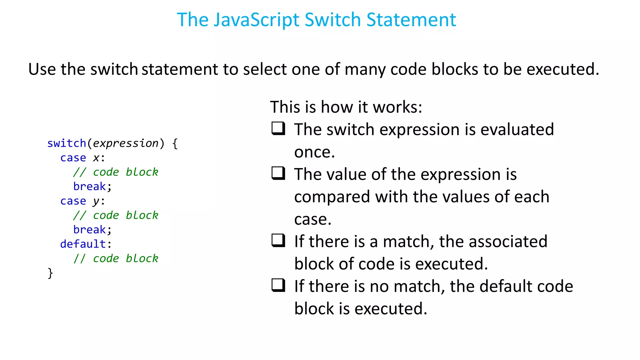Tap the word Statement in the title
411,20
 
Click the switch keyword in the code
67,143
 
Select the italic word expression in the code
126,143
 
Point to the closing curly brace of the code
50,273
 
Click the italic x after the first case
96,158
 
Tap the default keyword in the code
83,244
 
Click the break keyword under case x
89,187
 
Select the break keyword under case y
89,230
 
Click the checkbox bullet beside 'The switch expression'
278,128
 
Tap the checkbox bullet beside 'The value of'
278,173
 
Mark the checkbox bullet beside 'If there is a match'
278,241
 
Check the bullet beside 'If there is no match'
278,285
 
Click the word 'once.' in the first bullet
314,152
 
